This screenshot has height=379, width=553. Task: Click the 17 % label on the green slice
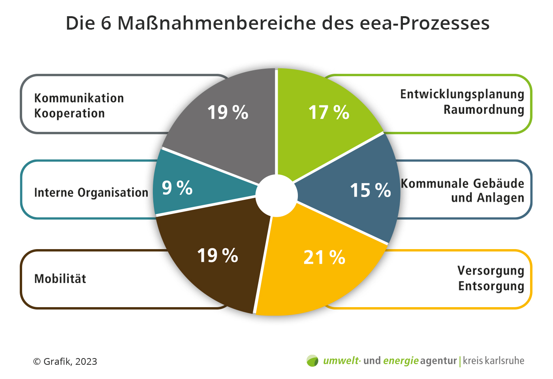(329, 113)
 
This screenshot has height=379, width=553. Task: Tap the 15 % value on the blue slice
(371, 190)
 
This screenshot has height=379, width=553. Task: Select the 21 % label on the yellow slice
(324, 257)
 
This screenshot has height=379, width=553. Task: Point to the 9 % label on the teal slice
(177, 188)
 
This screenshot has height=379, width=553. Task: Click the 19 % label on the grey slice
(228, 113)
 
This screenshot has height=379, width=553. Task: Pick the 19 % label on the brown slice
(218, 255)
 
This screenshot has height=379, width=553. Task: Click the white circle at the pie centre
(276, 195)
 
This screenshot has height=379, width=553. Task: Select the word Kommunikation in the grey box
(79, 98)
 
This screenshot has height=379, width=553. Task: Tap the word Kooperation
(70, 113)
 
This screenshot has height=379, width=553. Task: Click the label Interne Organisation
(91, 193)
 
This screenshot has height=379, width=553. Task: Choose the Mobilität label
(60, 279)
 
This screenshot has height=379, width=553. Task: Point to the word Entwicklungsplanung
(462, 94)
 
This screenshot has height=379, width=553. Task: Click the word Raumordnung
(484, 110)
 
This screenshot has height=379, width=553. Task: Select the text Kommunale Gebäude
(463, 184)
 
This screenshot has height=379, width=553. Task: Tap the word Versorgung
(491, 271)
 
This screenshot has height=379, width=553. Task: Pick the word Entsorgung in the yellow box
(491, 286)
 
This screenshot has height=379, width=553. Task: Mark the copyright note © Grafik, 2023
(65, 362)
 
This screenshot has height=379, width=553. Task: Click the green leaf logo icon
(312, 361)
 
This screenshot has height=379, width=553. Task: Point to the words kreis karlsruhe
(493, 361)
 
